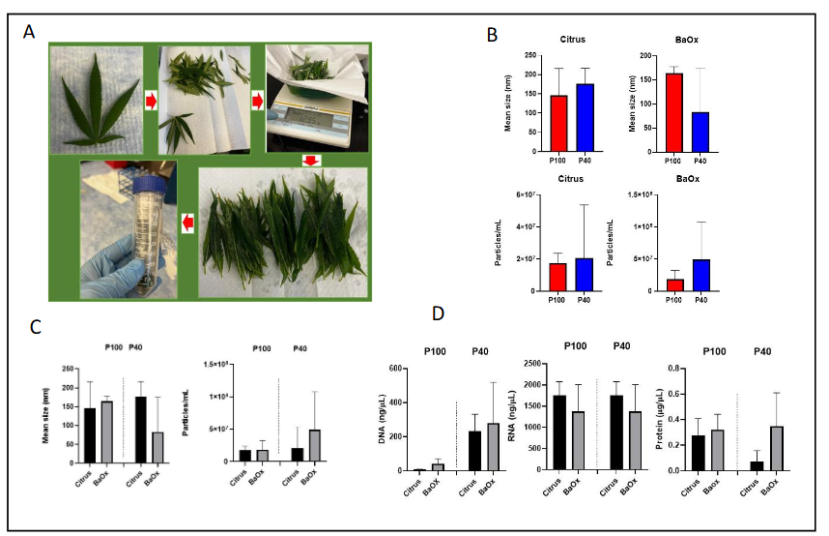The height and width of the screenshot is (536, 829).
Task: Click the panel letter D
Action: click(440, 314)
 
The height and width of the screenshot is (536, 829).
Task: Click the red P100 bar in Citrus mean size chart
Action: click(558, 123)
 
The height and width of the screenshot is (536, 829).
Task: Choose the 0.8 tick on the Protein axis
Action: click(681, 369)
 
